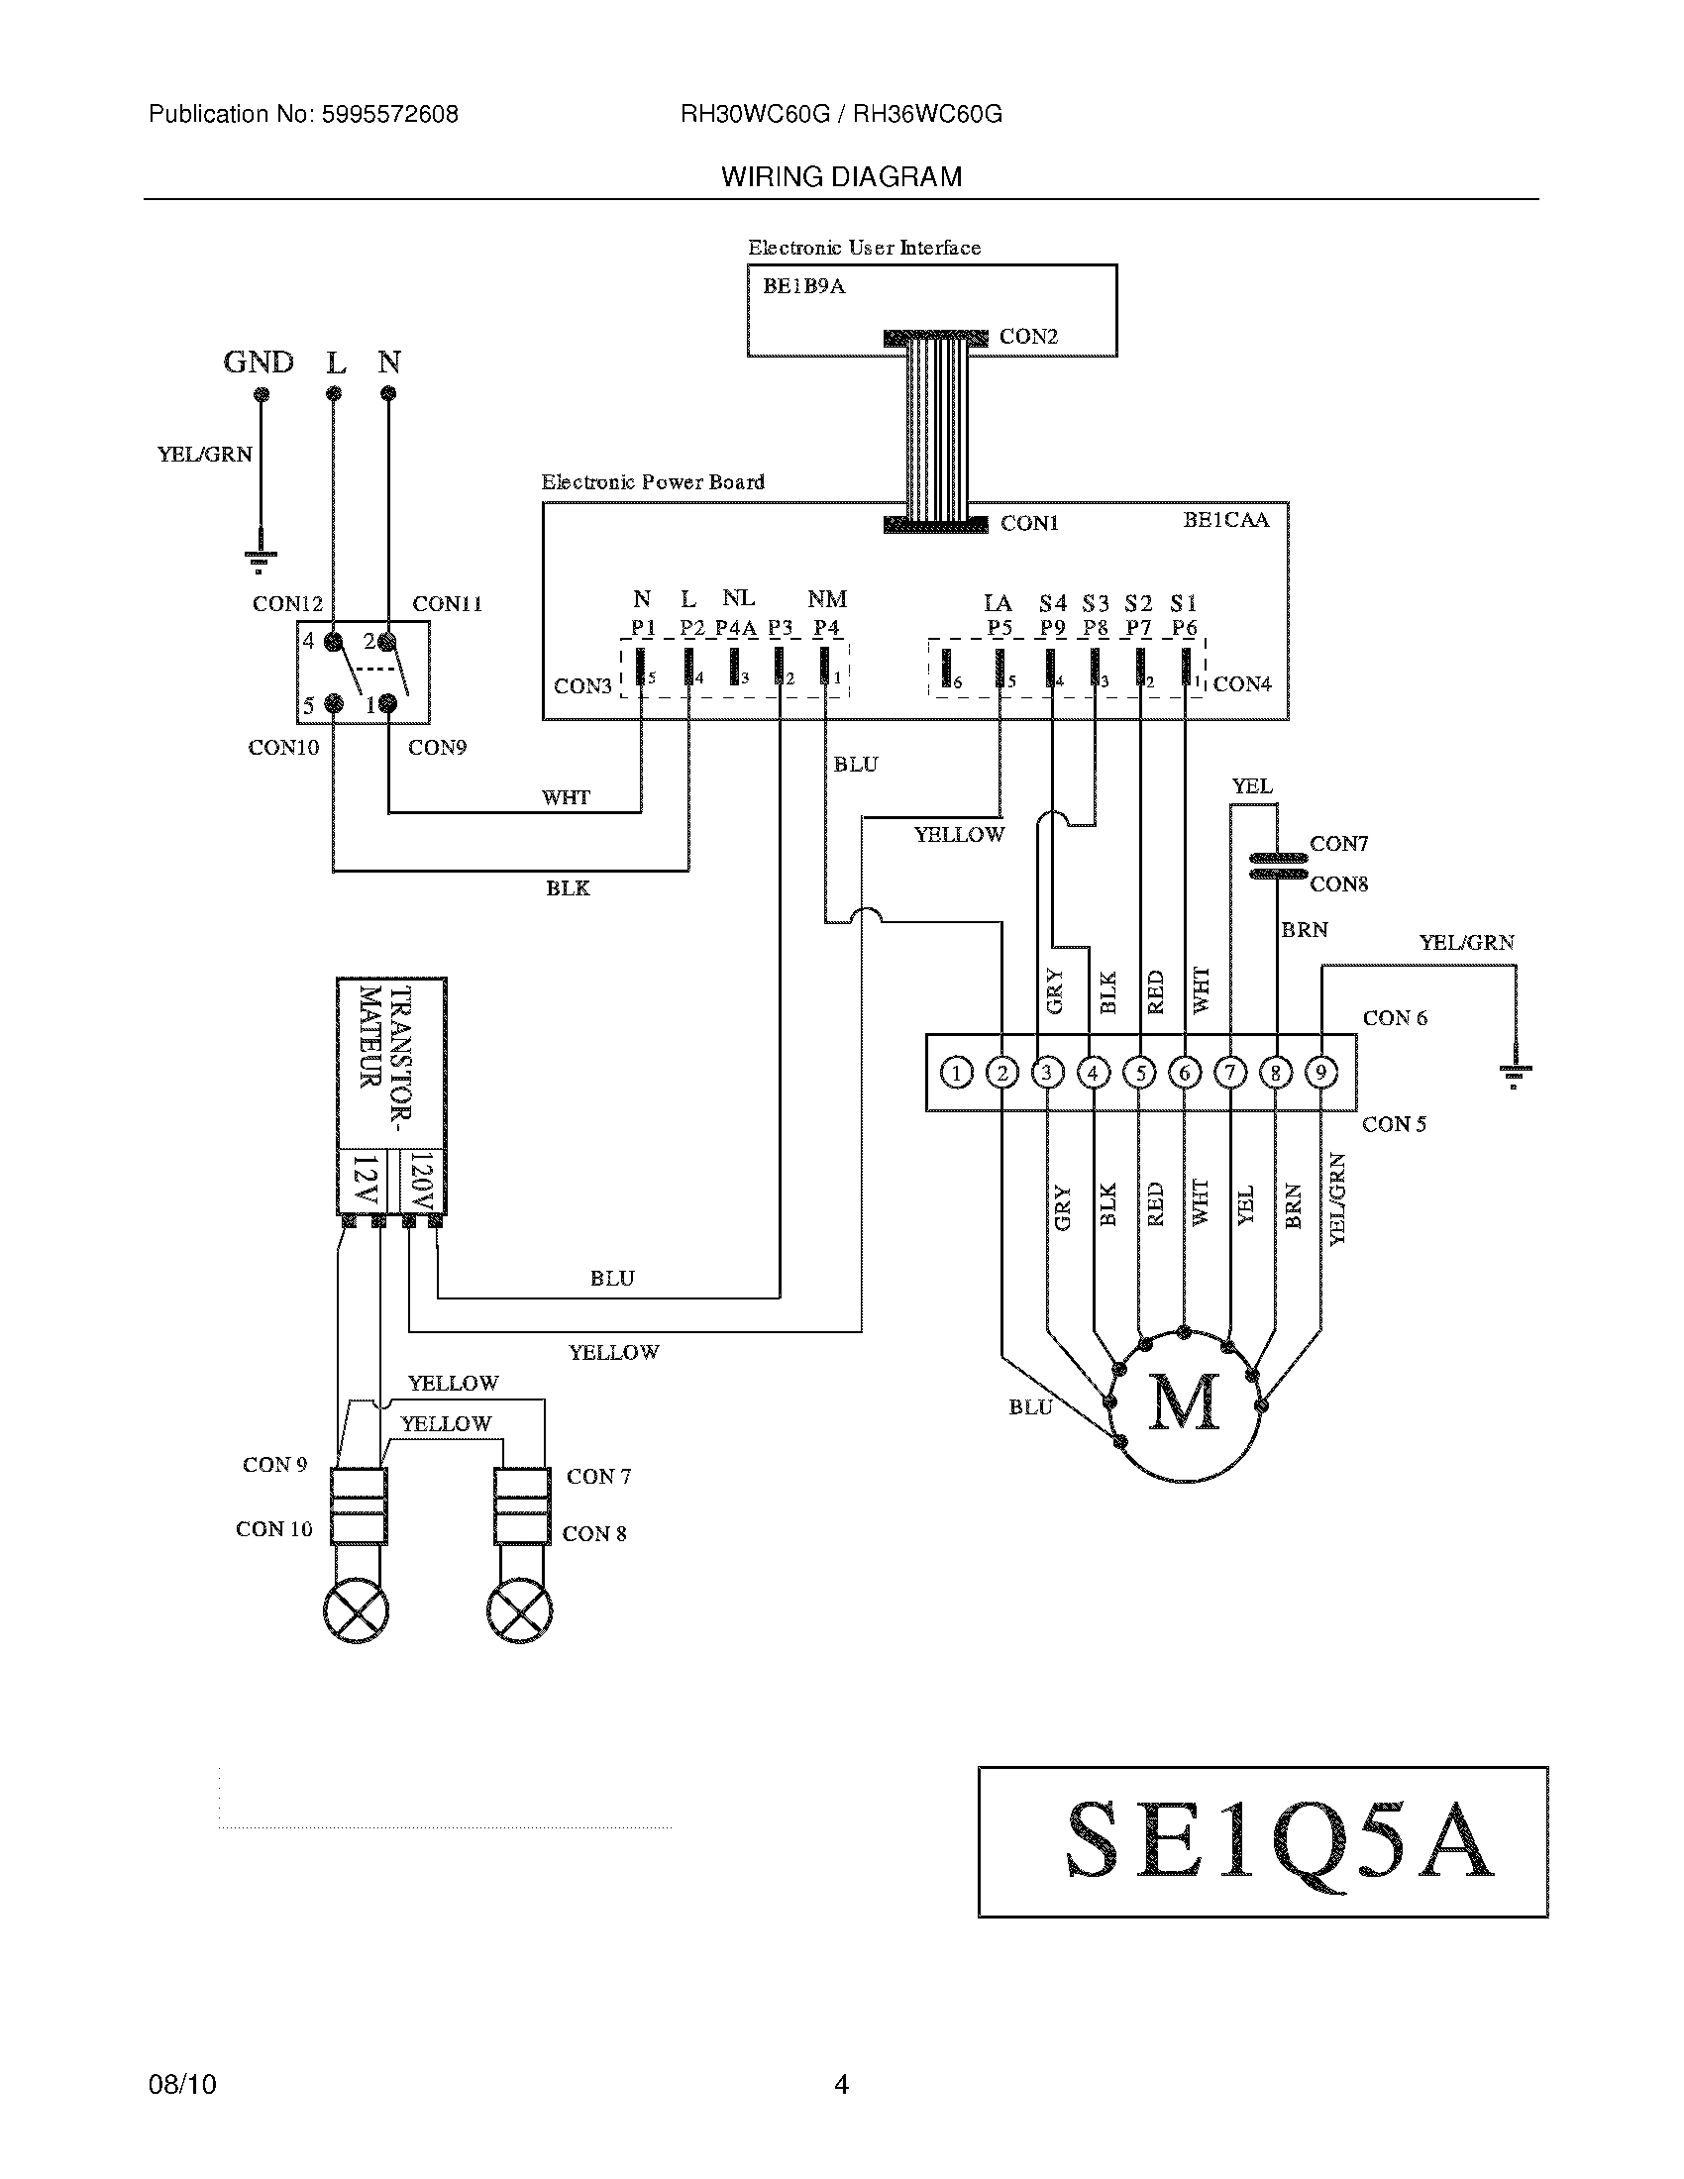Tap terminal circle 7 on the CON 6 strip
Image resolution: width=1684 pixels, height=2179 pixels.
pyautogui.click(x=1230, y=1073)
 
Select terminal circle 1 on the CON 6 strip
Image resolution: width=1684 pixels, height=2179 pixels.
pyautogui.click(x=956, y=1073)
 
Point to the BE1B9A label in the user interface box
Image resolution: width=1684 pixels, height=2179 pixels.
pyautogui.click(x=804, y=286)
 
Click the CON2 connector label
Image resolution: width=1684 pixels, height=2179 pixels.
pyautogui.click(x=1027, y=336)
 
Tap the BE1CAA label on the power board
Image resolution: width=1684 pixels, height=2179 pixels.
pyautogui.click(x=1225, y=519)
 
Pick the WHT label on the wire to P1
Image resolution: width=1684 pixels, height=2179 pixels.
pyautogui.click(x=566, y=797)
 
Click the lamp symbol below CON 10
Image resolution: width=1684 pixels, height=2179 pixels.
pyautogui.click(x=357, y=1610)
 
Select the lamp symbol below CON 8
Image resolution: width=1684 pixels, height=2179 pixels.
pyautogui.click(x=519, y=1610)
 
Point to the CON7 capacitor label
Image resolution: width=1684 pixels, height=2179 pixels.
pyautogui.click(x=1338, y=844)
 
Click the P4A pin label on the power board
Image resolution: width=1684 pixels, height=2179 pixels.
pyautogui.click(x=735, y=628)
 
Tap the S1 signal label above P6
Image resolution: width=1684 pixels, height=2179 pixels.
pyautogui.click(x=1183, y=602)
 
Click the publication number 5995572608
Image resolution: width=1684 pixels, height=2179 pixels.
pyautogui.click(x=389, y=114)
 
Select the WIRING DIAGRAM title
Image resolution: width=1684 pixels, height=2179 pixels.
pyautogui.click(x=841, y=176)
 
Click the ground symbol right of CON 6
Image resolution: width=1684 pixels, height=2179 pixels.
pyautogui.click(x=1515, y=1075)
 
